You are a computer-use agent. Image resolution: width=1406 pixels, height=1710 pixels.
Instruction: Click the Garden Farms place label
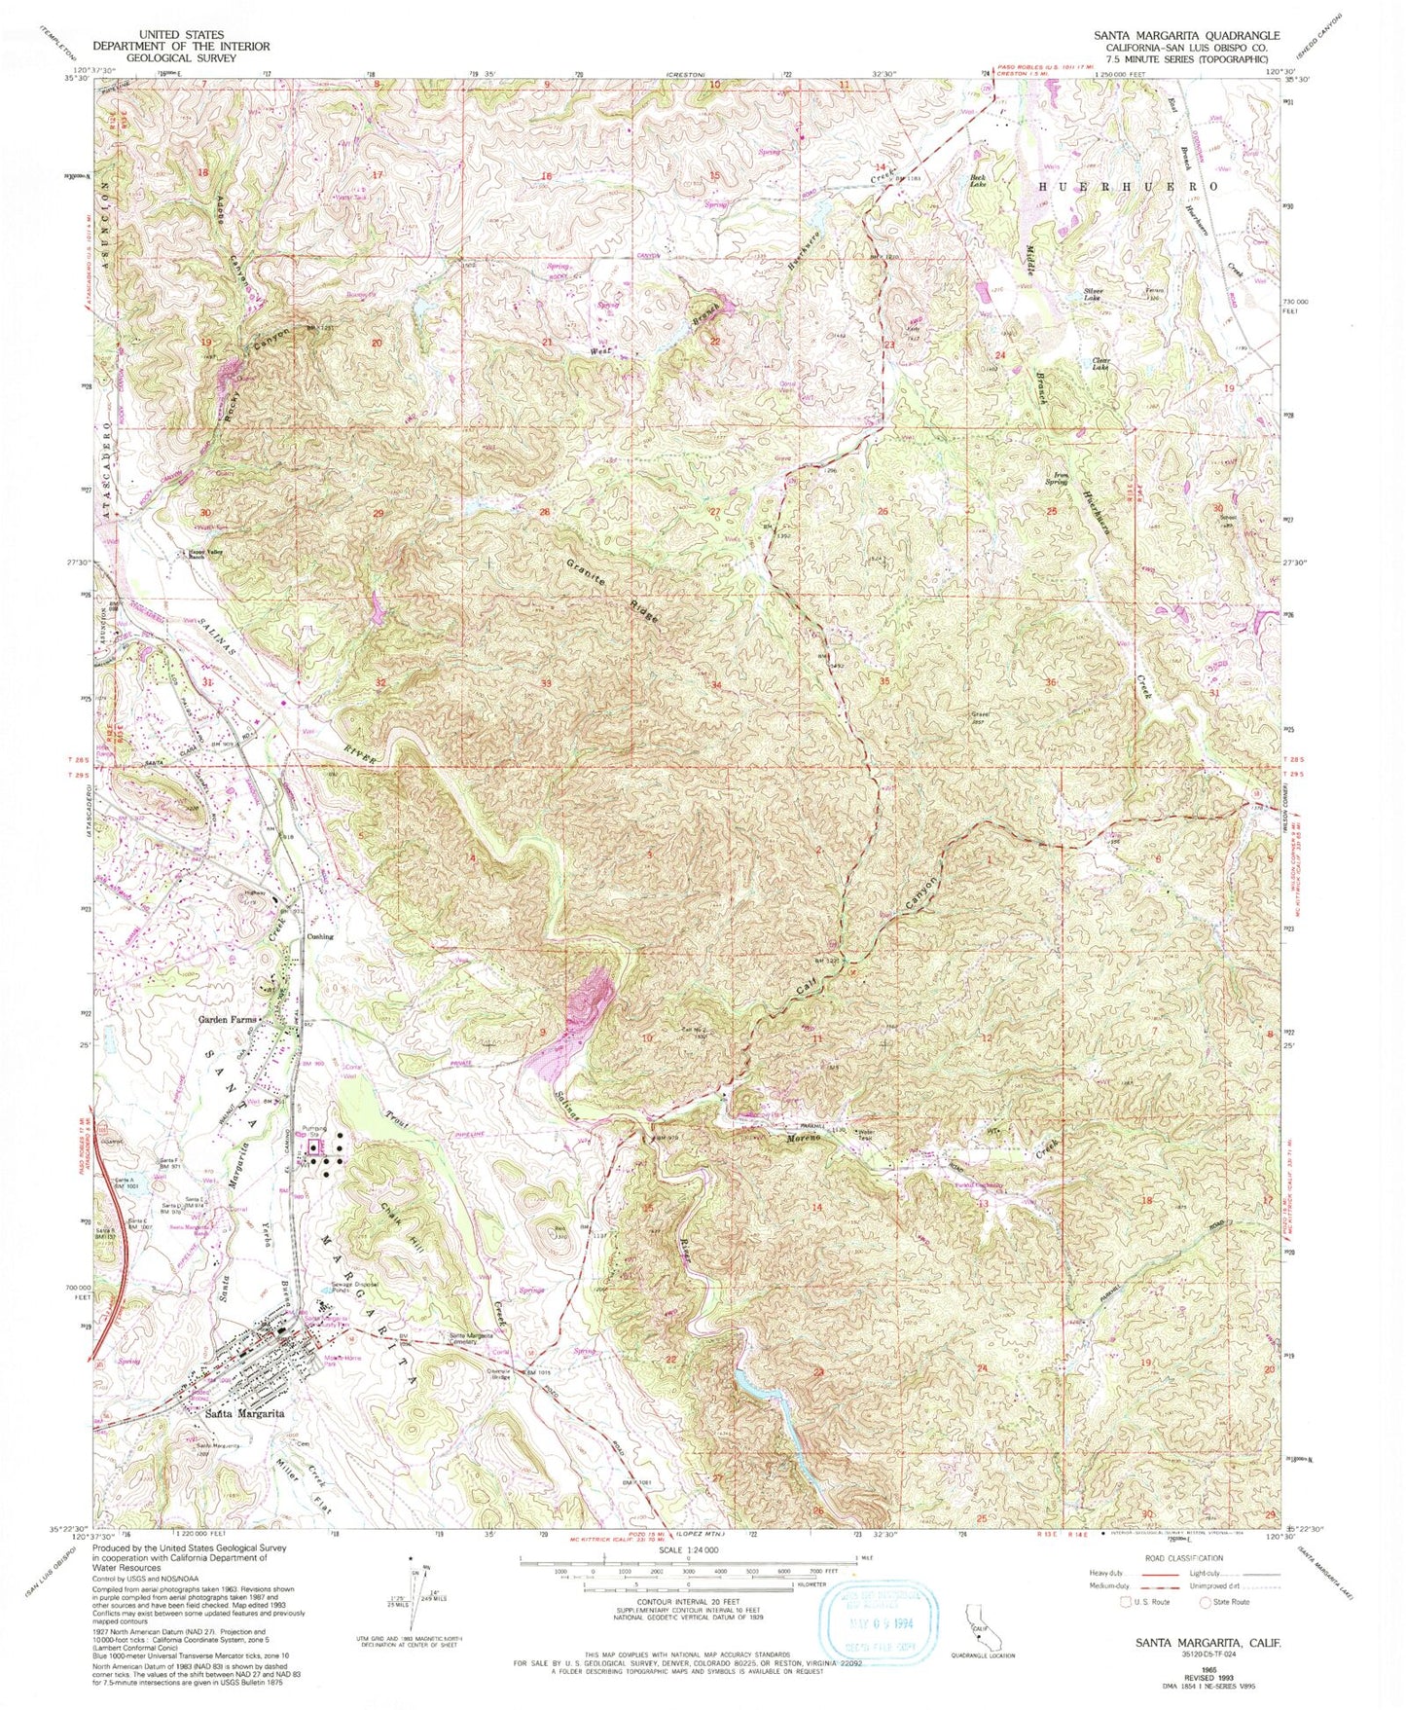[227, 1020]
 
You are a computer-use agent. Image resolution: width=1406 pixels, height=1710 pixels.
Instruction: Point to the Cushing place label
[320, 936]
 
